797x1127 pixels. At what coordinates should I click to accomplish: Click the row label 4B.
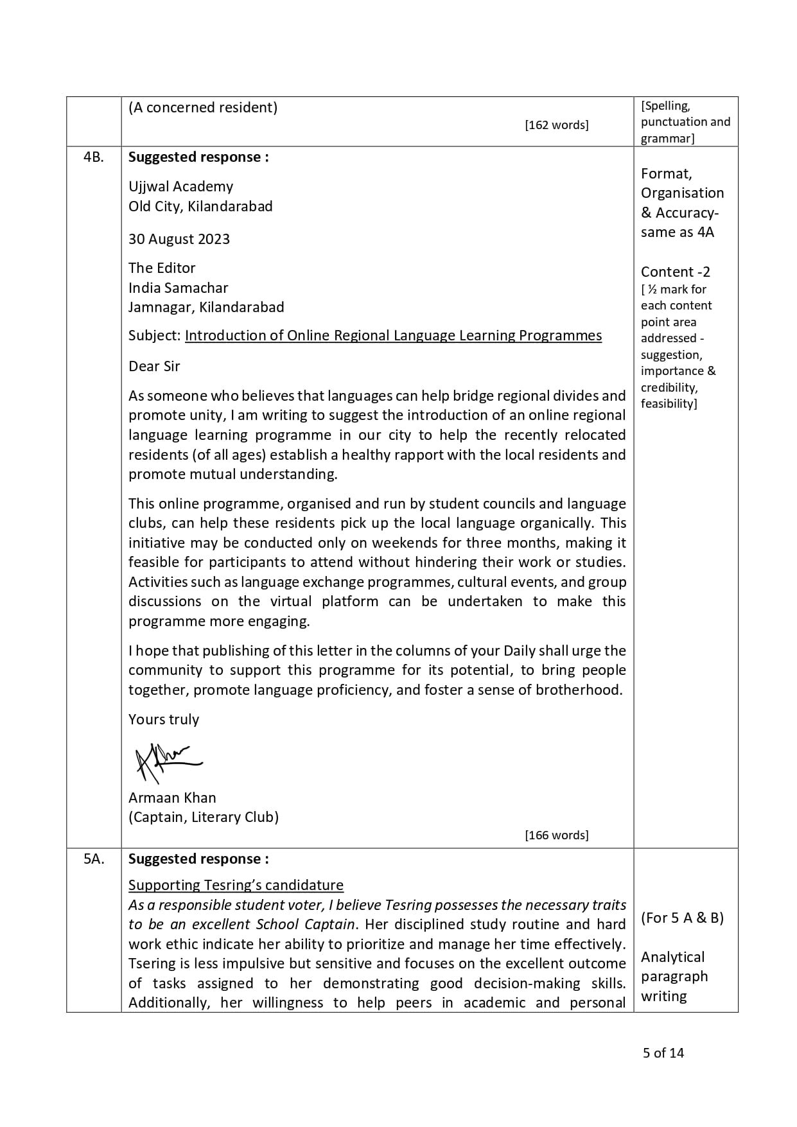click(x=93, y=157)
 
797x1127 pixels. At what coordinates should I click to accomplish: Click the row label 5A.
click(x=93, y=859)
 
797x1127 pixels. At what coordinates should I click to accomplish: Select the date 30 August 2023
click(x=179, y=239)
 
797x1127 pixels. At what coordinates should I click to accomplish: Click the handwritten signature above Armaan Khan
click(x=167, y=762)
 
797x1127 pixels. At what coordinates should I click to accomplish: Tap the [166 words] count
click(x=556, y=835)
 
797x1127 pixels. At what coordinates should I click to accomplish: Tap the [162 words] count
click(x=556, y=125)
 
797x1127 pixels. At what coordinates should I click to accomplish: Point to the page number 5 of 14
click(x=663, y=1053)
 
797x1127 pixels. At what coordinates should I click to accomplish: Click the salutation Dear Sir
click(x=154, y=366)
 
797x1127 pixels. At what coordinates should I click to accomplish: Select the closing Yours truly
click(x=164, y=719)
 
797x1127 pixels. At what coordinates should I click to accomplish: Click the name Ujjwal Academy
click(x=180, y=186)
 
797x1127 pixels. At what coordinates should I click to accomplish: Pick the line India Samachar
click(x=178, y=288)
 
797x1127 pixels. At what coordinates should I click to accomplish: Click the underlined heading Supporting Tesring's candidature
click(x=236, y=885)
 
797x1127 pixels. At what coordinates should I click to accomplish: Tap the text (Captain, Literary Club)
click(x=203, y=817)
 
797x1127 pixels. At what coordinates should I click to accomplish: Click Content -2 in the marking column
click(x=675, y=272)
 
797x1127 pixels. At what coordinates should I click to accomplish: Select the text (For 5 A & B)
click(x=682, y=918)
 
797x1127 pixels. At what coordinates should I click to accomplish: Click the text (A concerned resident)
click(x=203, y=107)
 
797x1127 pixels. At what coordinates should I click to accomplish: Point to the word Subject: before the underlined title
click(x=155, y=335)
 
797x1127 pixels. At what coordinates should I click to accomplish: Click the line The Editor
click(x=161, y=268)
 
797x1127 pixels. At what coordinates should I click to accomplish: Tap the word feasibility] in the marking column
click(x=669, y=403)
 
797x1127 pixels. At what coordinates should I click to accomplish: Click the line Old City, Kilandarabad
click(x=200, y=206)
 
